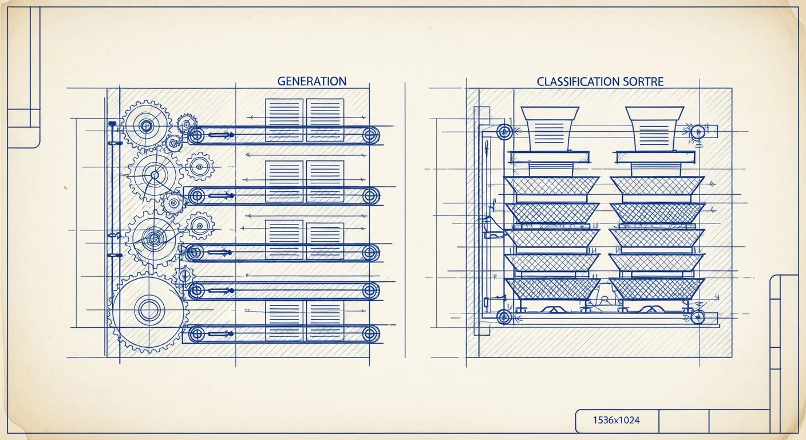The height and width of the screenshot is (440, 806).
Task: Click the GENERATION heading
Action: point(311,81)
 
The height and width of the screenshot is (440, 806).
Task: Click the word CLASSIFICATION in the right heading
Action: point(576,82)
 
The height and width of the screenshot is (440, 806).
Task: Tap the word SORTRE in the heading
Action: point(641,82)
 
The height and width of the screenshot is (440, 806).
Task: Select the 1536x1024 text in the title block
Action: point(617,420)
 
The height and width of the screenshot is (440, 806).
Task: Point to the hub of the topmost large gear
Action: point(146,126)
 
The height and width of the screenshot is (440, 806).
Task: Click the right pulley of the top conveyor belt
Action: point(370,135)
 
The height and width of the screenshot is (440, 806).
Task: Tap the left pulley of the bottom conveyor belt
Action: point(196,334)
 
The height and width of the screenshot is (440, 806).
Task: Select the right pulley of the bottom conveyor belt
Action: point(370,334)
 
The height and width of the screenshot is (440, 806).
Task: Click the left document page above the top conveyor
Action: point(285,120)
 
